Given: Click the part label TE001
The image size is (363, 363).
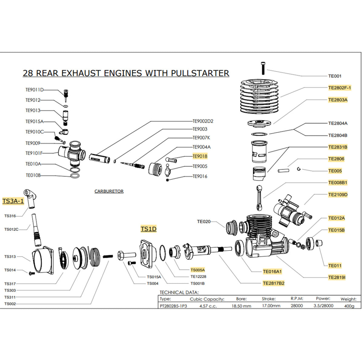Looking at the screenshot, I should point(335,76).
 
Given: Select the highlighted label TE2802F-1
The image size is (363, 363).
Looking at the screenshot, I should point(339,88).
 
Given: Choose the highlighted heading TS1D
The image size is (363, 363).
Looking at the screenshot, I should point(148,229).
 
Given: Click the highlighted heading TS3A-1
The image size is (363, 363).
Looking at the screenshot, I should point(13,201).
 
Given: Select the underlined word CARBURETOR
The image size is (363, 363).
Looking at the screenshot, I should point(109,191).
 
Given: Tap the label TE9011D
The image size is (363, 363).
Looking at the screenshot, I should point(34,90).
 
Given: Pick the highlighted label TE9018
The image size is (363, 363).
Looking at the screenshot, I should point(200,156).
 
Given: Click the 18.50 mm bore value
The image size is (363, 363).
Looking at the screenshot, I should point(241,306).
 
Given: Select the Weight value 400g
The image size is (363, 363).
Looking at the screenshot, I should point(349,306).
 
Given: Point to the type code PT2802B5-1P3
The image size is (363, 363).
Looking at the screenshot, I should point(173,306).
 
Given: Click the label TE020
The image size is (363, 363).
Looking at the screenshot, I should point(203,222).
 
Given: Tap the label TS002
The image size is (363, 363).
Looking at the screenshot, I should point(10,304).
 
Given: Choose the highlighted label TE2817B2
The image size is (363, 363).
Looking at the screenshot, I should point(274,283).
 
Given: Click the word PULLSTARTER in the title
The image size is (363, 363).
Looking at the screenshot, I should point(200,73).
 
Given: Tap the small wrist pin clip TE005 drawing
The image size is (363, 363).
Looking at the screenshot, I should point(299,169).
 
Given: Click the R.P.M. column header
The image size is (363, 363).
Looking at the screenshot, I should point(297,299).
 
